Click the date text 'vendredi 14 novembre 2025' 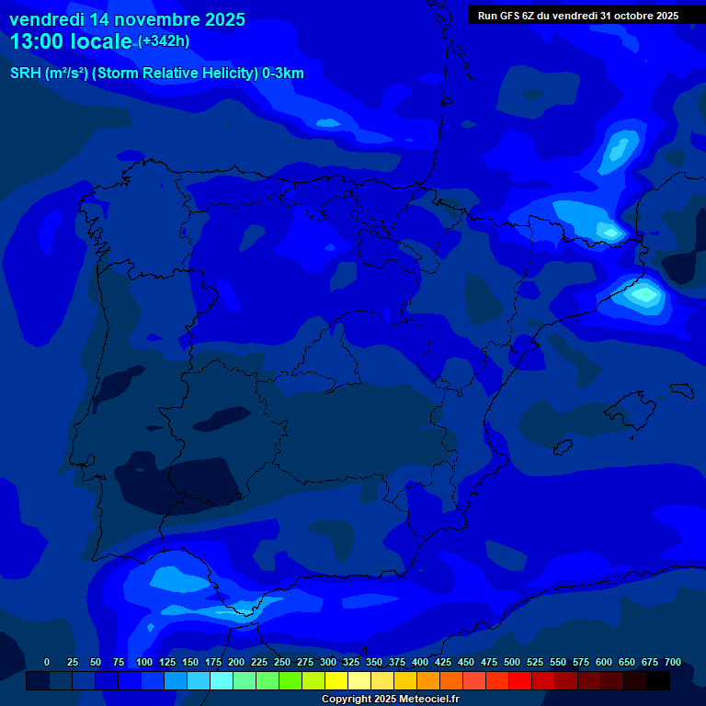tap(127, 19)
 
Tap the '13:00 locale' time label tap(71, 41)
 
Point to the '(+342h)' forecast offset tap(164, 41)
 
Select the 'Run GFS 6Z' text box tap(577, 16)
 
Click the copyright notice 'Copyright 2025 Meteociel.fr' tap(390, 699)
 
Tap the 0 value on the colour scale tap(47, 663)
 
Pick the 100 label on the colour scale tap(144, 663)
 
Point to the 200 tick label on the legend tap(236, 663)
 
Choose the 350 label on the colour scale tap(374, 663)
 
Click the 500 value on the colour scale tap(512, 663)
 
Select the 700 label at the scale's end tap(672, 663)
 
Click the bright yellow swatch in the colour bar tap(336, 680)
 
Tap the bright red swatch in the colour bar tap(520, 680)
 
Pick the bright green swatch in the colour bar tap(290, 680)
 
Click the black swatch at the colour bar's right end tap(658, 680)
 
